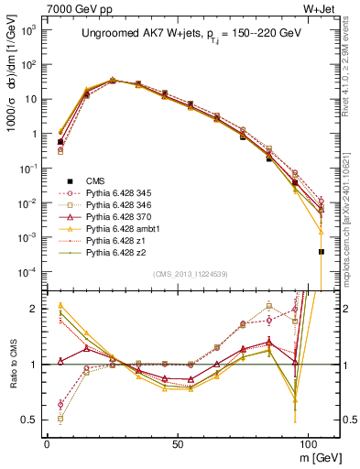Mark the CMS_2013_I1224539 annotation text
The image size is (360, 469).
click(189, 273)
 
